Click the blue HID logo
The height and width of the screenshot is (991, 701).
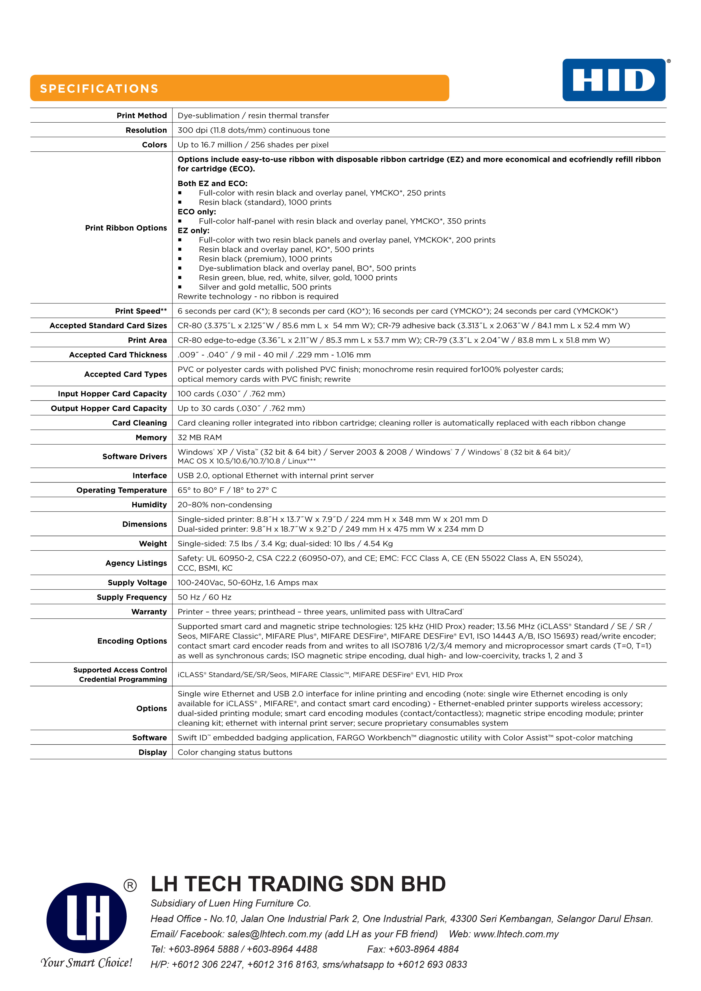click(613, 80)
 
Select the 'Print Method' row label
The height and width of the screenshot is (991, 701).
click(142, 116)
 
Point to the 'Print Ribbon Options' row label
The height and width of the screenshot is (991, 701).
click(126, 228)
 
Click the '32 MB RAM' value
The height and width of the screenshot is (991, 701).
click(200, 438)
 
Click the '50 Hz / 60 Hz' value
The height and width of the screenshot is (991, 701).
click(204, 597)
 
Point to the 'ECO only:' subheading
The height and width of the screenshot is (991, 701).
click(196, 212)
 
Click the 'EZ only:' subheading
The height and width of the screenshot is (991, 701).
click(194, 231)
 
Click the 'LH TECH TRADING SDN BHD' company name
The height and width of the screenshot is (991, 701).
click(298, 884)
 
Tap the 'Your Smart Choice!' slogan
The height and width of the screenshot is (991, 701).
click(86, 963)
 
